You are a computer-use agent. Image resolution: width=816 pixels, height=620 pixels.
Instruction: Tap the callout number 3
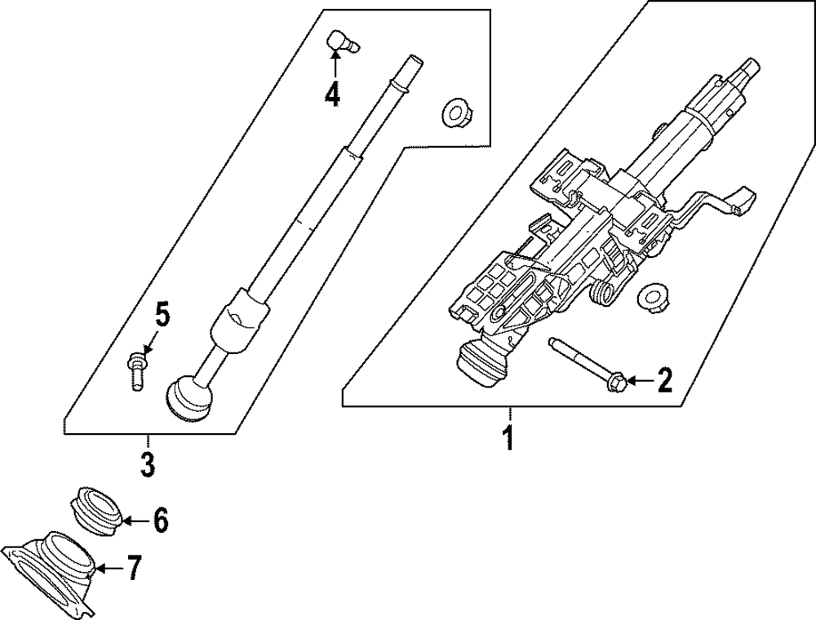click(147, 465)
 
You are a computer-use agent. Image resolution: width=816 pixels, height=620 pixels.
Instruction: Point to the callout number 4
click(331, 94)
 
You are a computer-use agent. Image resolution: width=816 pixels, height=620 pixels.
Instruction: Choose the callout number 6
click(160, 519)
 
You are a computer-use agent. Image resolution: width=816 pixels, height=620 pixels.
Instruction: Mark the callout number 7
click(134, 567)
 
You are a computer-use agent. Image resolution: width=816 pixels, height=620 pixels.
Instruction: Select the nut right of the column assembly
click(653, 296)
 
